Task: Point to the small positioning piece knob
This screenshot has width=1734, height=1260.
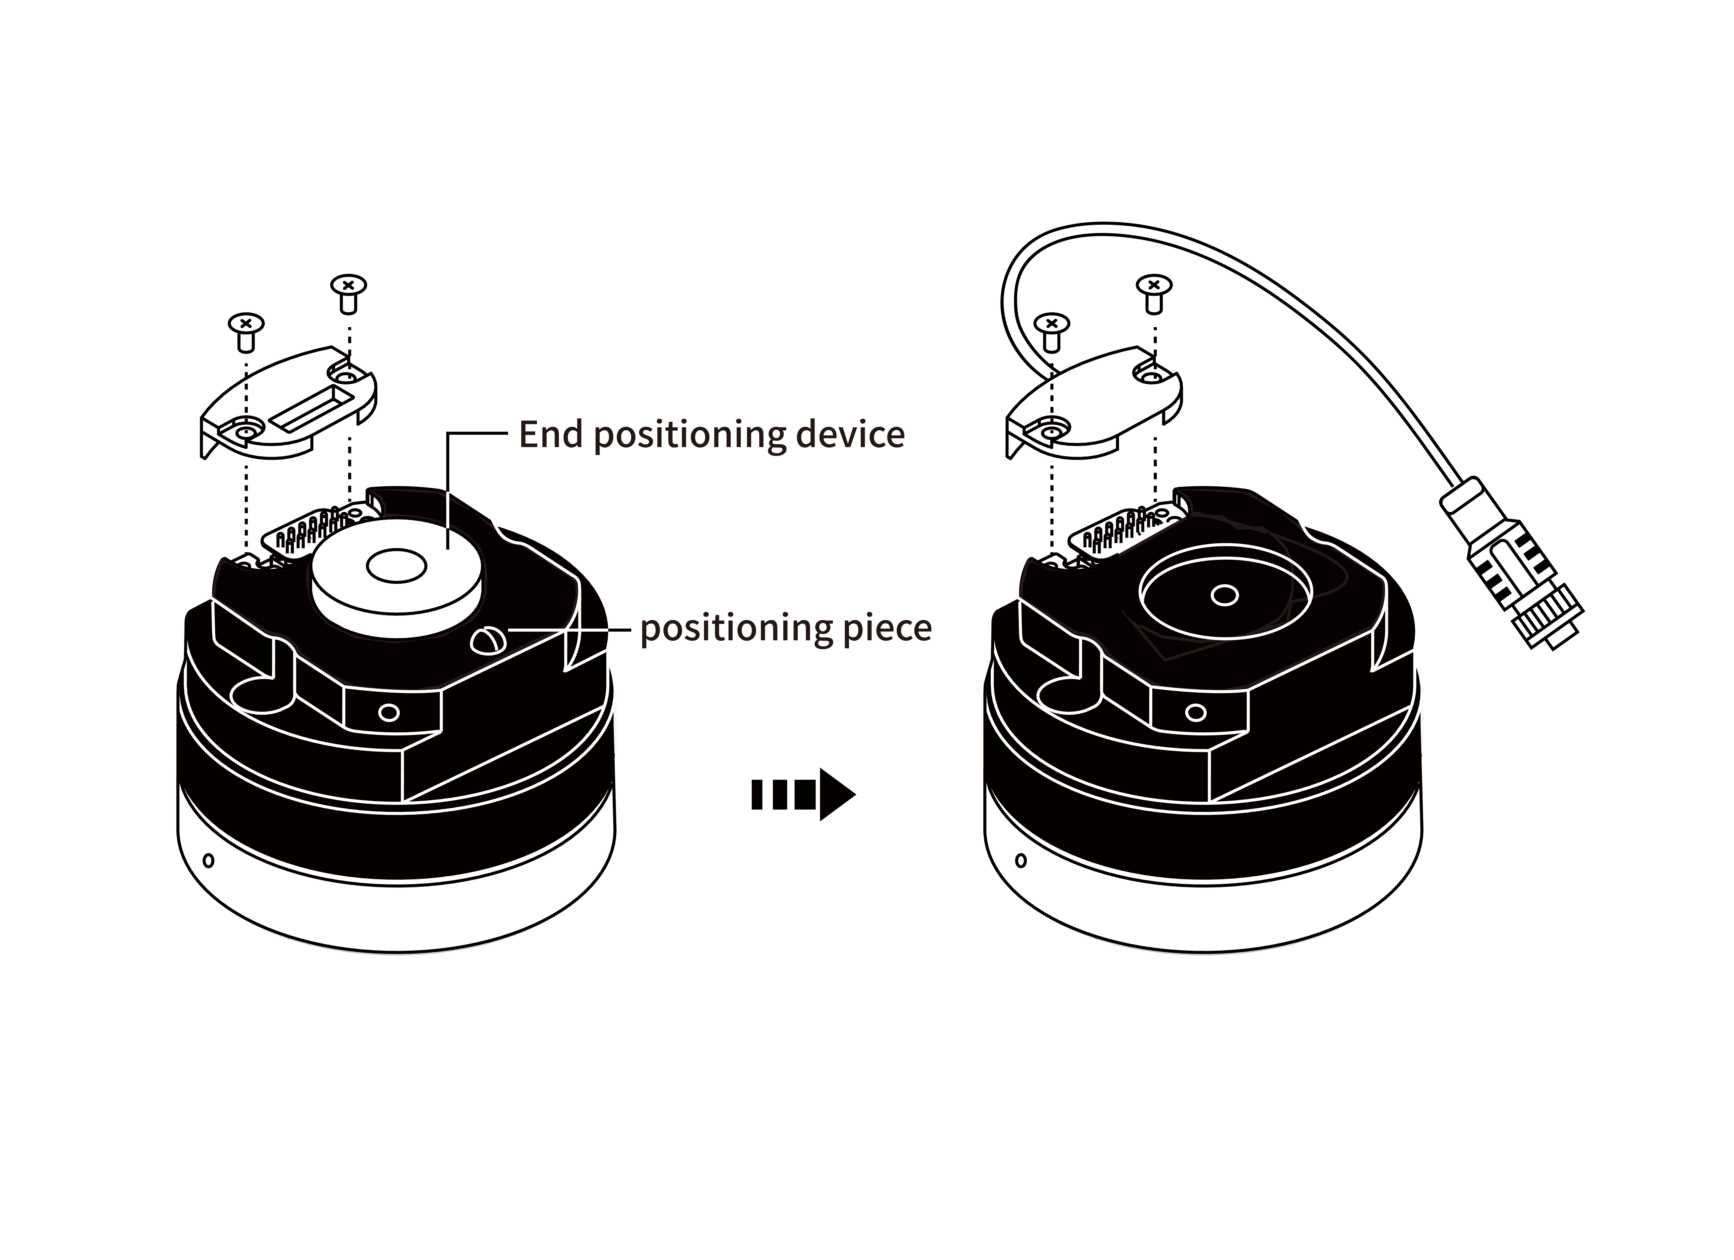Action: (x=486, y=639)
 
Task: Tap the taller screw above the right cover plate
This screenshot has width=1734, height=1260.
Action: (x=1154, y=292)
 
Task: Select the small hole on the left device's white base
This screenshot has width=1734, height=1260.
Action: (x=209, y=860)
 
